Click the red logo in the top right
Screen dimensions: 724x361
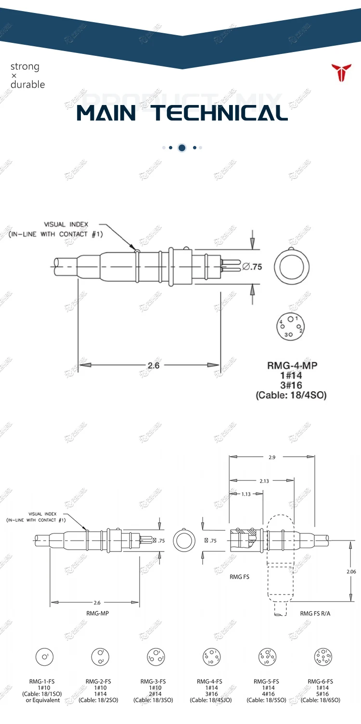(342, 72)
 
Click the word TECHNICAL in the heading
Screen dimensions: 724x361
(220, 113)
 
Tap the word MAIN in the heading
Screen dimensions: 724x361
(106, 113)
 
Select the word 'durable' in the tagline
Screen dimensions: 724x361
(27, 85)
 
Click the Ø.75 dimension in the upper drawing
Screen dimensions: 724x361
(252, 266)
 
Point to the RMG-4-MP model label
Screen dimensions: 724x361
(292, 365)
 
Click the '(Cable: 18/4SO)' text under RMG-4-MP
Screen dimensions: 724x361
(291, 395)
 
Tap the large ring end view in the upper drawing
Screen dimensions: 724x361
(292, 267)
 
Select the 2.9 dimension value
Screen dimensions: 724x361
(272, 457)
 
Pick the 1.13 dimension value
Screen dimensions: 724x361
(246, 494)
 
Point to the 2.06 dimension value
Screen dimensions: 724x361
(351, 571)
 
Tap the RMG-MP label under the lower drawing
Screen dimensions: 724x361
(94, 613)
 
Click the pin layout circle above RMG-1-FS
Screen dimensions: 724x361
(44, 657)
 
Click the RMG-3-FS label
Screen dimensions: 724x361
(153, 682)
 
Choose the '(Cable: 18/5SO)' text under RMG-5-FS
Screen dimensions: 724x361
(266, 700)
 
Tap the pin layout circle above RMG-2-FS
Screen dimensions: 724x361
(100, 657)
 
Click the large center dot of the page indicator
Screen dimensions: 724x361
(182, 148)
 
